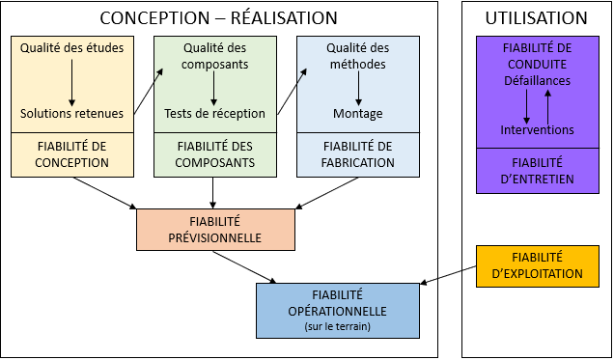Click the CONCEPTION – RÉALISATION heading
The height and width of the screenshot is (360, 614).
click(x=219, y=18)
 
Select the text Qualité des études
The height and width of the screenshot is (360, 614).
click(x=72, y=47)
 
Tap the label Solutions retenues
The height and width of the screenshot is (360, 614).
click(x=72, y=114)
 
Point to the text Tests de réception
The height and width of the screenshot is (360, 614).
click(x=214, y=114)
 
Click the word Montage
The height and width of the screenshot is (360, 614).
click(x=358, y=114)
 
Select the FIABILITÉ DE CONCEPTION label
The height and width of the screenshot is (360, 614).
click(x=72, y=154)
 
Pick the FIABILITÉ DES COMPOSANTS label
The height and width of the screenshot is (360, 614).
click(x=214, y=154)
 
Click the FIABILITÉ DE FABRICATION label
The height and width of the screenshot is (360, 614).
click(x=358, y=154)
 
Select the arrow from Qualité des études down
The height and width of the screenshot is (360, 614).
click(x=72, y=81)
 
